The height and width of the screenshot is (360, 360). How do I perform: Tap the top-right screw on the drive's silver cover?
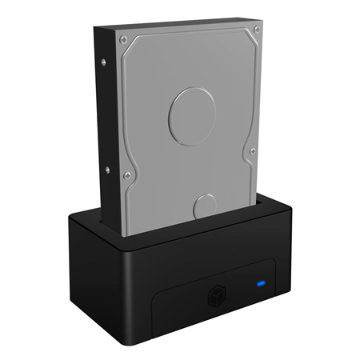coord(256,30)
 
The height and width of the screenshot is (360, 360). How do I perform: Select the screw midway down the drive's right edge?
coord(252,150)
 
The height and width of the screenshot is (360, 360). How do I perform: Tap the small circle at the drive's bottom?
coord(206,206)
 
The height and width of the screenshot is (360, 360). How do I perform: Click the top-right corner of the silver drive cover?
coord(261,24)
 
